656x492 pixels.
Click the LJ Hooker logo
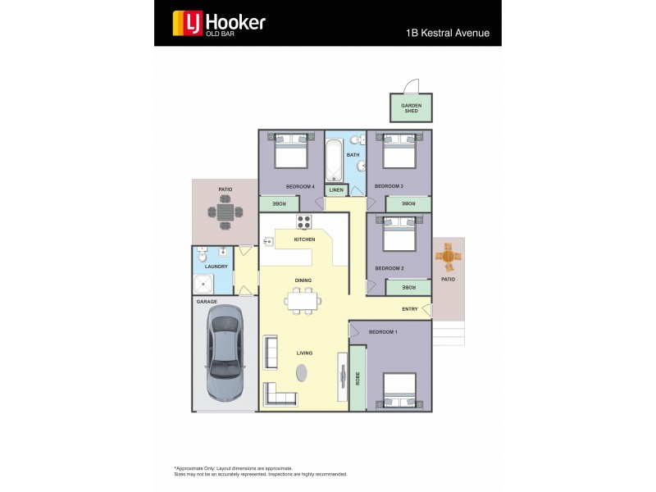(x=218, y=23)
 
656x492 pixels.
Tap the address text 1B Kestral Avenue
(x=447, y=34)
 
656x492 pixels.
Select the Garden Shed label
(x=411, y=108)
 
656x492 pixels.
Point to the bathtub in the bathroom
(x=335, y=161)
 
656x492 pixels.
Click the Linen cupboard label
(x=336, y=190)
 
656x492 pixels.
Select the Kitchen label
(x=304, y=239)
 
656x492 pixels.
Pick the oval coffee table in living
(x=303, y=372)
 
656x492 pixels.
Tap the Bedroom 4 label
(x=300, y=186)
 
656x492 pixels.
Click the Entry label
(x=410, y=309)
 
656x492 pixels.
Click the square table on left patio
(x=225, y=212)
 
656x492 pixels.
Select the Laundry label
(x=216, y=266)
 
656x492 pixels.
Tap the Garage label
(x=207, y=301)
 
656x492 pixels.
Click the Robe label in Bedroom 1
(x=358, y=379)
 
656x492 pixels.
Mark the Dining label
(x=303, y=280)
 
